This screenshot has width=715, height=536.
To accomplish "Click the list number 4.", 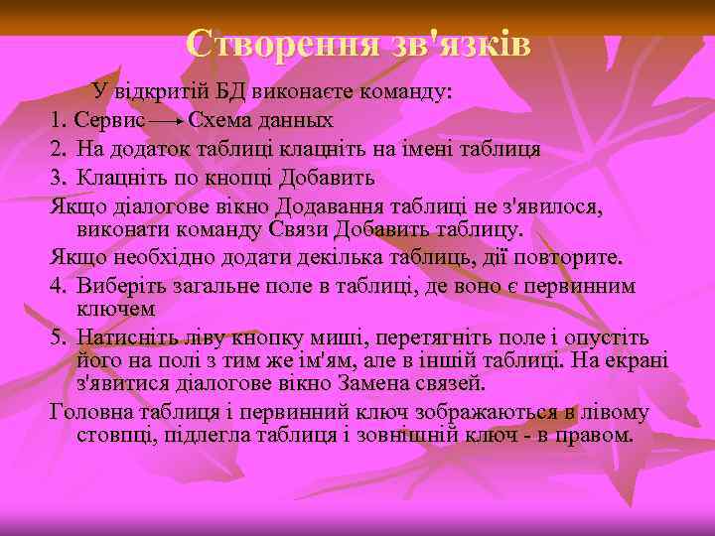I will (x=58, y=287).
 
